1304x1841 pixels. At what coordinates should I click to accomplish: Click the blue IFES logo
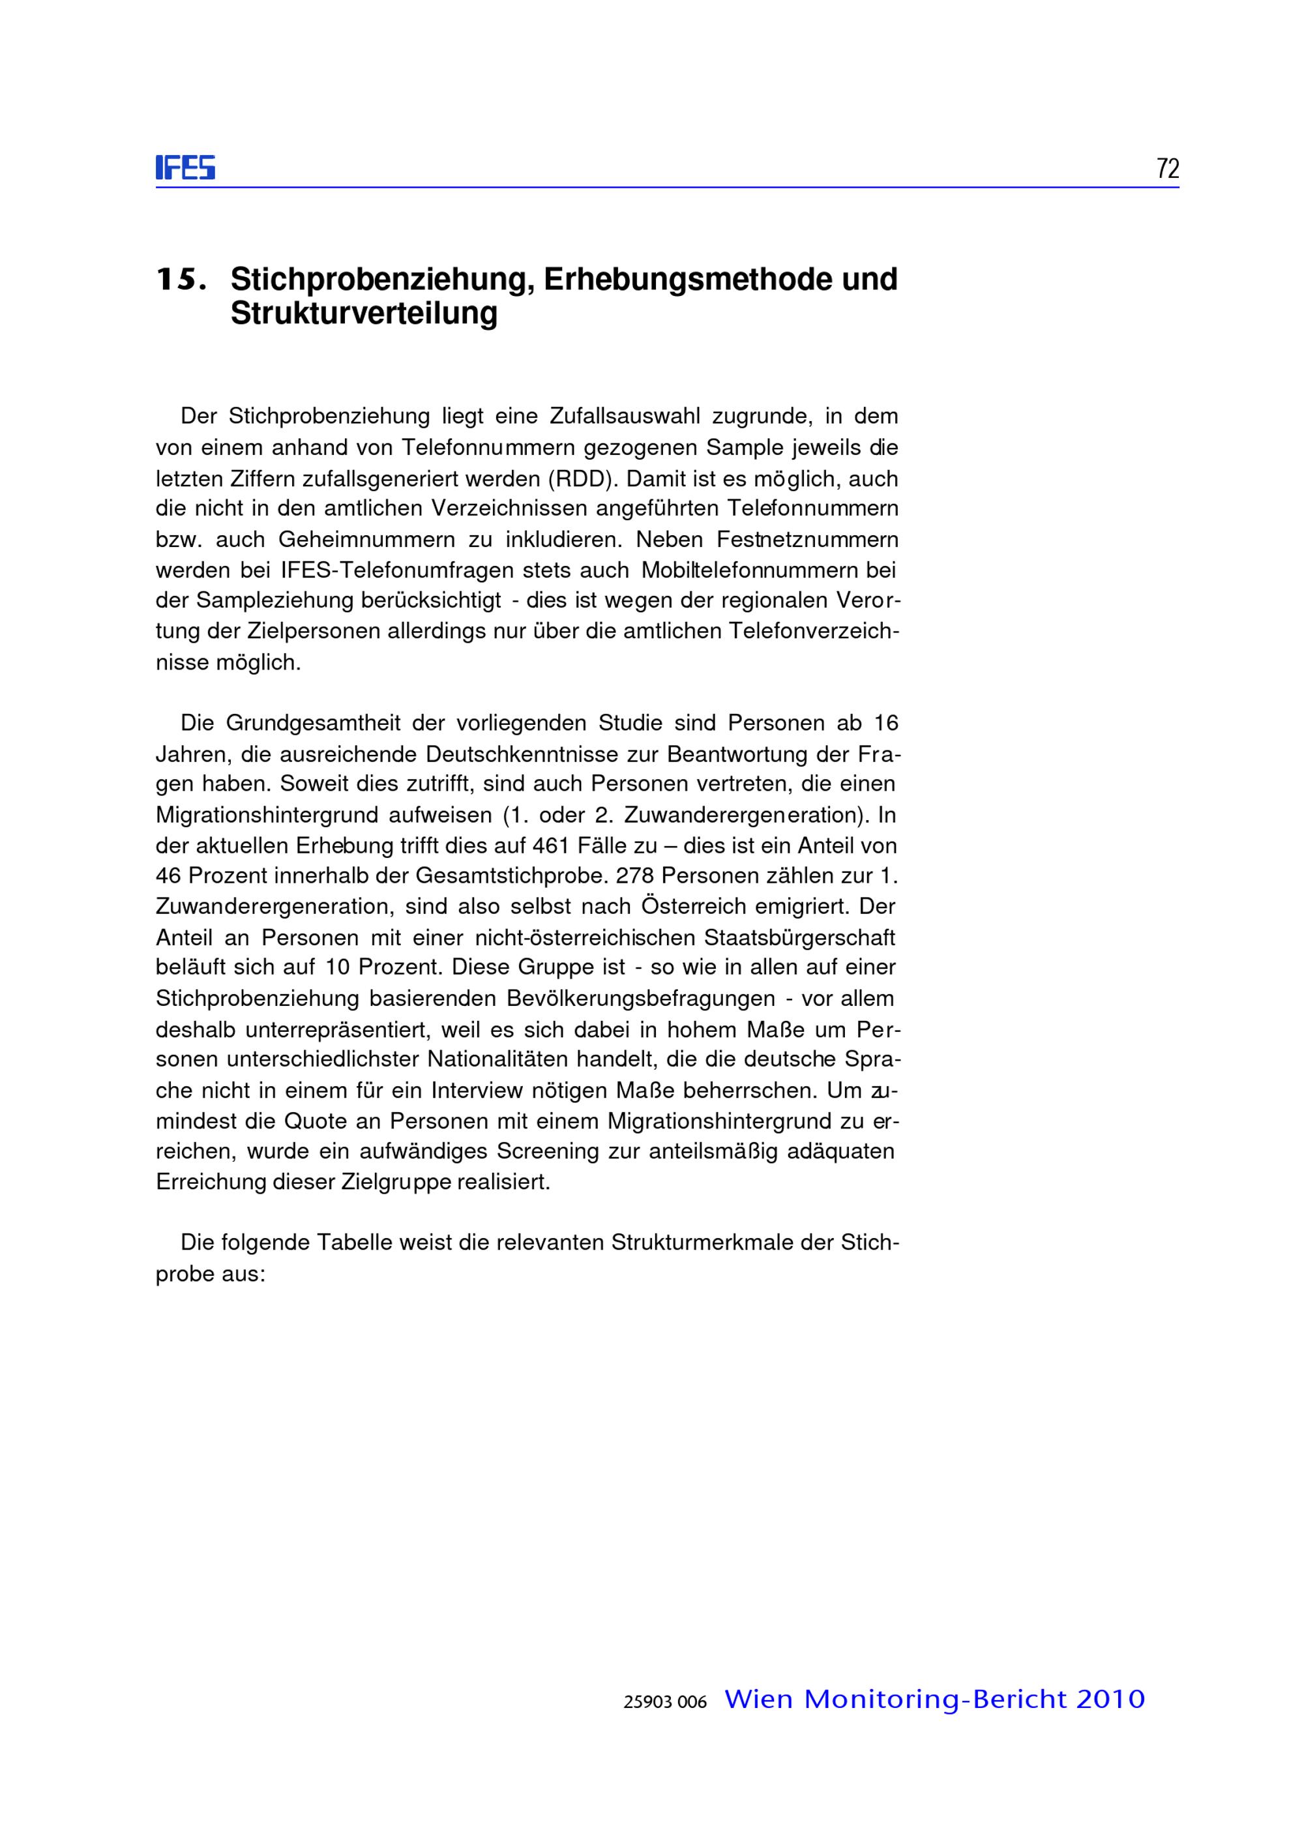185,168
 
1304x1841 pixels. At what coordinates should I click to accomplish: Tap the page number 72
1168,169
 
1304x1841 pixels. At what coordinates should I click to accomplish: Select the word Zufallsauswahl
625,416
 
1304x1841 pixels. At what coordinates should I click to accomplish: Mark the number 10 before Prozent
338,967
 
